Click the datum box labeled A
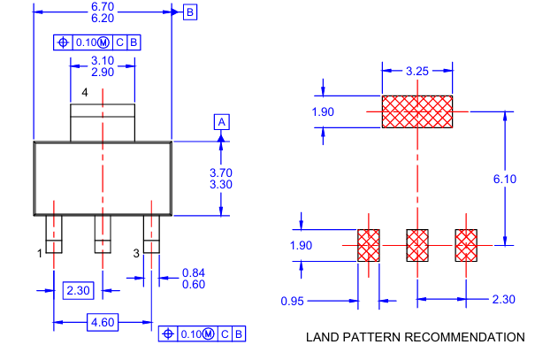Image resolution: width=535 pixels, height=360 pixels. point(223,121)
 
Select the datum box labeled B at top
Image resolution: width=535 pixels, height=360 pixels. point(190,12)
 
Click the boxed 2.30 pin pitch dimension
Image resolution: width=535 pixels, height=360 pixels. point(77,288)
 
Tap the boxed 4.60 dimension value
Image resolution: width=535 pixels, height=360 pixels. point(103,323)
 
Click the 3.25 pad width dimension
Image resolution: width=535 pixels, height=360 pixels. point(417,70)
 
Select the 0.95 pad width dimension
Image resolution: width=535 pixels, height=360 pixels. point(294,301)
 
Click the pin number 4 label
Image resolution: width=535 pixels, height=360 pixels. point(85,93)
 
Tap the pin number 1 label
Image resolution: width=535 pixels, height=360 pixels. point(40,253)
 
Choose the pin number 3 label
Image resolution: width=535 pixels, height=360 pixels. point(136,253)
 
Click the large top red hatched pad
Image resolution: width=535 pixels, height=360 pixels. point(417,111)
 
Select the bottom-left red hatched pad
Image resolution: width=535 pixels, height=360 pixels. point(368,245)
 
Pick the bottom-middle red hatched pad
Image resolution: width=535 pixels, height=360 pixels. point(417,245)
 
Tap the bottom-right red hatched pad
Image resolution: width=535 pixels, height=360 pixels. point(466,245)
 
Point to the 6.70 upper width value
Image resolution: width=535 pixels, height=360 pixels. point(103,6)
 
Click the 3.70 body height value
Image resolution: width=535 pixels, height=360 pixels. point(196,172)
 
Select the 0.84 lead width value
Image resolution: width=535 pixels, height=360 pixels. point(194,272)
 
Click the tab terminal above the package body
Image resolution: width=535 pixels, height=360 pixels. point(103,122)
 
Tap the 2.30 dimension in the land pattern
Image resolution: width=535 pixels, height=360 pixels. point(503,300)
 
